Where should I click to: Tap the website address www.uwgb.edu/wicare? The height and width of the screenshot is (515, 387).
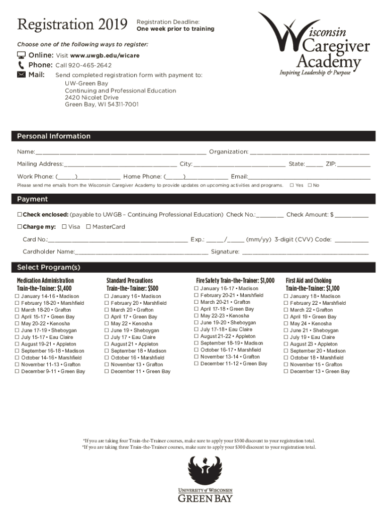pyautogui.click(x=105, y=55)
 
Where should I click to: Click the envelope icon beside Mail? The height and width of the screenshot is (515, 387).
pyautogui.click(x=21, y=74)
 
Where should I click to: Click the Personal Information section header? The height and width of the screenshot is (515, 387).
pyautogui.click(x=54, y=136)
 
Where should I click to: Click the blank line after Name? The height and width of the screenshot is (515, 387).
pyautogui.click(x=121, y=152)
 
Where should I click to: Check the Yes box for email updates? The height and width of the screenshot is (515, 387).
pyautogui.click(x=292, y=185)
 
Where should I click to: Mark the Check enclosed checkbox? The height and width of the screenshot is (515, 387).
pyautogui.click(x=19, y=215)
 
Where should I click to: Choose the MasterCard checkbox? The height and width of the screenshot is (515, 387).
pyautogui.click(x=88, y=227)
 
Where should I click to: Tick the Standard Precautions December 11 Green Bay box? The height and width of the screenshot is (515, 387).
pyautogui.click(x=107, y=372)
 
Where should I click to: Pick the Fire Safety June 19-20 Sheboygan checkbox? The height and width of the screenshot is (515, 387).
pyautogui.click(x=197, y=323)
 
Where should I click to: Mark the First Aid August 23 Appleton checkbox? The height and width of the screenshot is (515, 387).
pyautogui.click(x=285, y=345)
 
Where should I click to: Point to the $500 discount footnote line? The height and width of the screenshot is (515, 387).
pyautogui.click(x=199, y=441)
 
